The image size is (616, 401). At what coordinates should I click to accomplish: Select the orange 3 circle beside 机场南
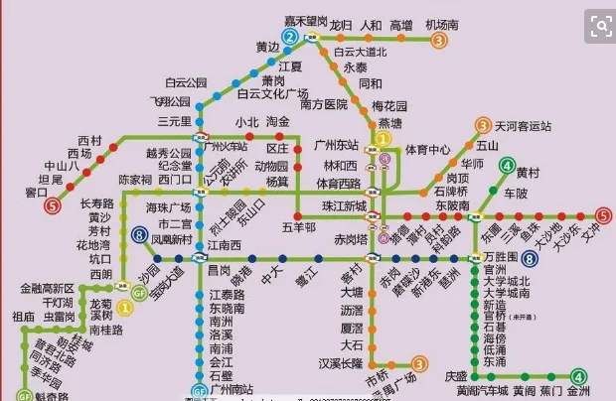[x=438, y=41]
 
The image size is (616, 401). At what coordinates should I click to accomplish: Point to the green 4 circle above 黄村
[x=508, y=165]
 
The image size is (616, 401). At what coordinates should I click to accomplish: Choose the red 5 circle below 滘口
[x=51, y=206]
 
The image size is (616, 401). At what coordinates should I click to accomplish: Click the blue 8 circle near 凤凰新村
[x=139, y=235]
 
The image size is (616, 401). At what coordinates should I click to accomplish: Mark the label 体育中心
[x=427, y=150]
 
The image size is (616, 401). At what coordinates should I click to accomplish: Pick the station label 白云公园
[x=186, y=82]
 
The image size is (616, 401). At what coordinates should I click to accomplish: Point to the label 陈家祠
[x=135, y=180]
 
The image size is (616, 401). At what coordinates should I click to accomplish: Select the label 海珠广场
[x=168, y=207]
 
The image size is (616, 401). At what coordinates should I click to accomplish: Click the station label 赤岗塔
[x=350, y=239]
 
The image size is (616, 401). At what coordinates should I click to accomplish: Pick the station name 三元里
[x=174, y=121]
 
